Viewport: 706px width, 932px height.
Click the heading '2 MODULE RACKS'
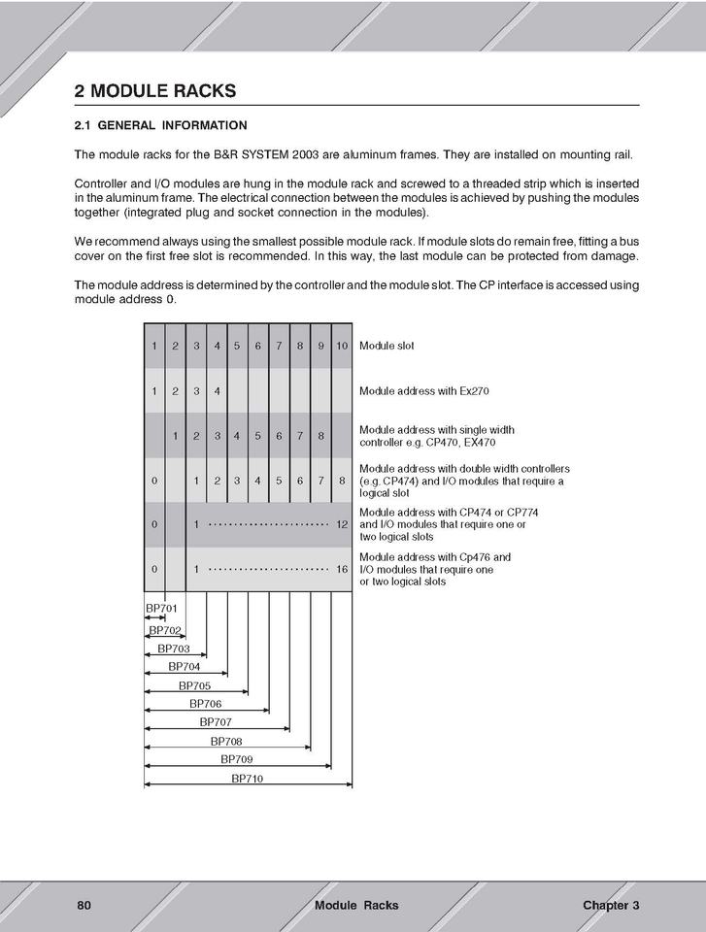[x=155, y=91]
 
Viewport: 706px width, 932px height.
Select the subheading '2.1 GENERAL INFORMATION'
[x=160, y=125]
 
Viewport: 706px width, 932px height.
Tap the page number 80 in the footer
[x=84, y=905]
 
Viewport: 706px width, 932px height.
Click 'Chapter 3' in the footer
[x=611, y=905]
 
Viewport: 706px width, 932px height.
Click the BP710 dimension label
[x=247, y=778]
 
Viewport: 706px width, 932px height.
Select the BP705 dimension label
[x=194, y=685]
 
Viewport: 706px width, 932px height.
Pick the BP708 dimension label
[x=225, y=741]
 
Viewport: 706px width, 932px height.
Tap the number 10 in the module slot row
[x=342, y=346]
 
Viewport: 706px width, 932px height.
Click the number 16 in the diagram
[x=342, y=569]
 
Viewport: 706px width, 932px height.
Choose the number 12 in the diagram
[x=342, y=524]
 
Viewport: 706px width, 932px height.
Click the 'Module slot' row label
[x=387, y=346]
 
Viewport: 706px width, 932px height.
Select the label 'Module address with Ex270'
[x=423, y=391]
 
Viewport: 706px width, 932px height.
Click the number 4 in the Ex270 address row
[x=217, y=391]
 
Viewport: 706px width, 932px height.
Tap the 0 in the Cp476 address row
[x=154, y=569]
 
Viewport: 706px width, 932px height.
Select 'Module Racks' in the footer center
[x=356, y=905]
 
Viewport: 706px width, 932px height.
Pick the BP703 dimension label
[x=174, y=649]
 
